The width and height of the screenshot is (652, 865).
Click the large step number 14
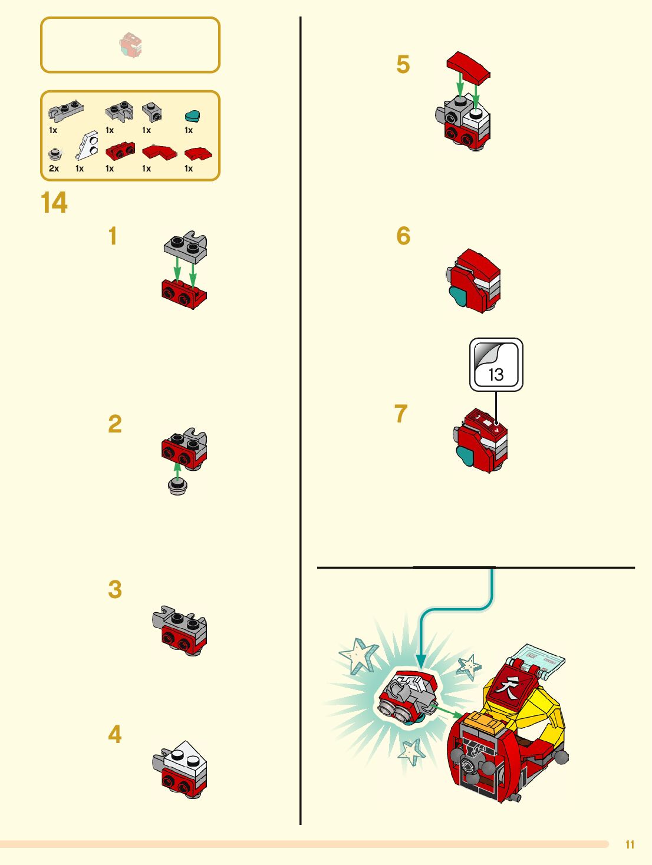54,203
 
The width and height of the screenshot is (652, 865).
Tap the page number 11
630,844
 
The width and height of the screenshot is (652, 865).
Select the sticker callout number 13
496,374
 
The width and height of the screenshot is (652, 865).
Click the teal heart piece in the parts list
192,116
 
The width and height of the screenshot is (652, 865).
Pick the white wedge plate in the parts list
87,146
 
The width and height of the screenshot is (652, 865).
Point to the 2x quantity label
54,169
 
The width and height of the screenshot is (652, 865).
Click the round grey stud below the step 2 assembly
177,486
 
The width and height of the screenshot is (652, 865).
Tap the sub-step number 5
403,64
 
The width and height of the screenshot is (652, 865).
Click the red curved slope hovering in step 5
468,67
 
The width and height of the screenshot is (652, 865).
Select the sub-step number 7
401,414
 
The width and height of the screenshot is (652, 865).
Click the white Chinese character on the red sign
506,688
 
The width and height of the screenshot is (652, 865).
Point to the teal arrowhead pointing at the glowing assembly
421,661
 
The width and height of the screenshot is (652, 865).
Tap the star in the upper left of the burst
358,655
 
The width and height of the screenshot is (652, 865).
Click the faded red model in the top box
131,45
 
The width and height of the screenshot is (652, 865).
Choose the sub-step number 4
115,734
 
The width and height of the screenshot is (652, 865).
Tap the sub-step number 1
113,236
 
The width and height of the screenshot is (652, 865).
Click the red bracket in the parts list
120,151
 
